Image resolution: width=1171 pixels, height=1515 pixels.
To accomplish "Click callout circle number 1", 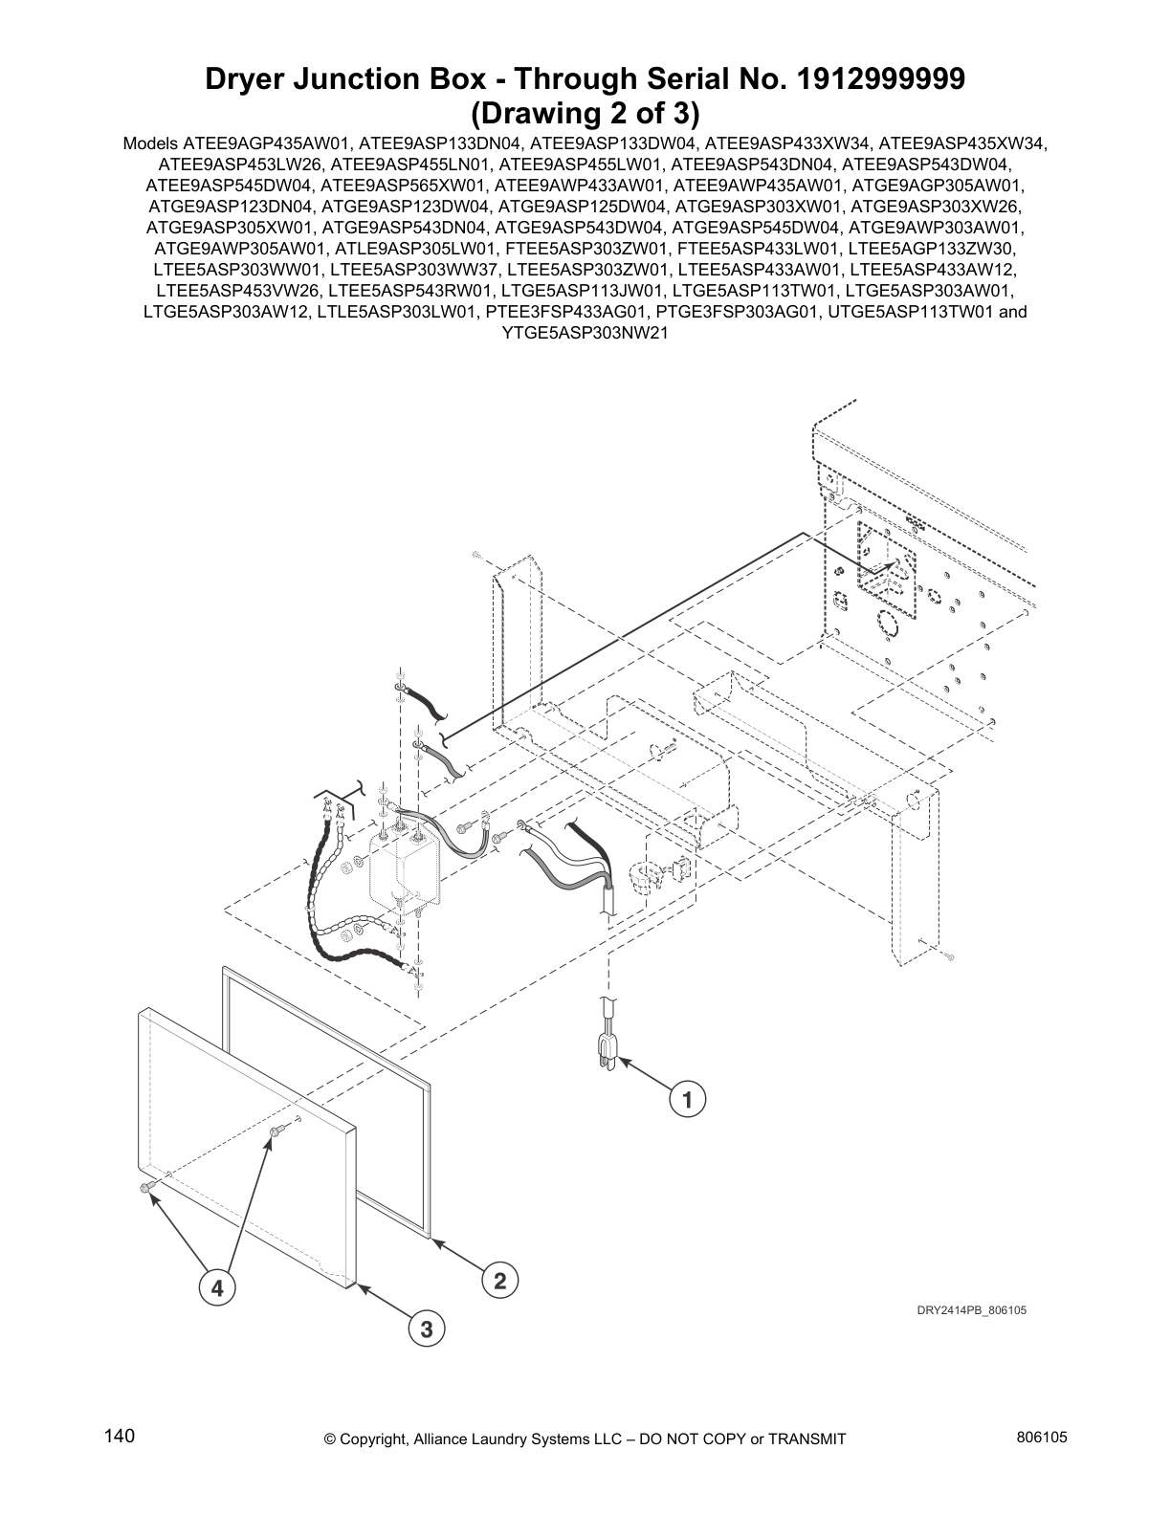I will coord(687,1099).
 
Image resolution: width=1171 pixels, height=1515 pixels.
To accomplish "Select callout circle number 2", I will coord(499,1280).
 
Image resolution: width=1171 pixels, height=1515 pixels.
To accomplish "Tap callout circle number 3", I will coord(427,1328).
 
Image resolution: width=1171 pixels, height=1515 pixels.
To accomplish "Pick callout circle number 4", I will coord(217,1288).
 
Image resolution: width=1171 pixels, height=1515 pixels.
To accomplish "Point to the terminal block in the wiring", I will coord(400,868).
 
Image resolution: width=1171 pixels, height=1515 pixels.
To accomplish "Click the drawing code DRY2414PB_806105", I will coord(971,1310).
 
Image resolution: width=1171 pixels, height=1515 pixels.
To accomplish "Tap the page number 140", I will coord(120,1437).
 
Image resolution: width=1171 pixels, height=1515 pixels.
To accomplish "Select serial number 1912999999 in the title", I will coord(870,80).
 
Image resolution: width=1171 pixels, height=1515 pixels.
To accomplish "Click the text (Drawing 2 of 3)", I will coord(585,114).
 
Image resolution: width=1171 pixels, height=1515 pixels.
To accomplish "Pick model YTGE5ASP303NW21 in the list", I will coord(585,333).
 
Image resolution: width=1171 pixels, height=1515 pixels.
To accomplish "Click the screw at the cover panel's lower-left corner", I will coord(146,1188).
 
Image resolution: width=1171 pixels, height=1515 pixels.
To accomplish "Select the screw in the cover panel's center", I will coord(276,1132).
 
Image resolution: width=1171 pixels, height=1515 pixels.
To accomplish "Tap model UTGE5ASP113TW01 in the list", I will coord(909,312).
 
